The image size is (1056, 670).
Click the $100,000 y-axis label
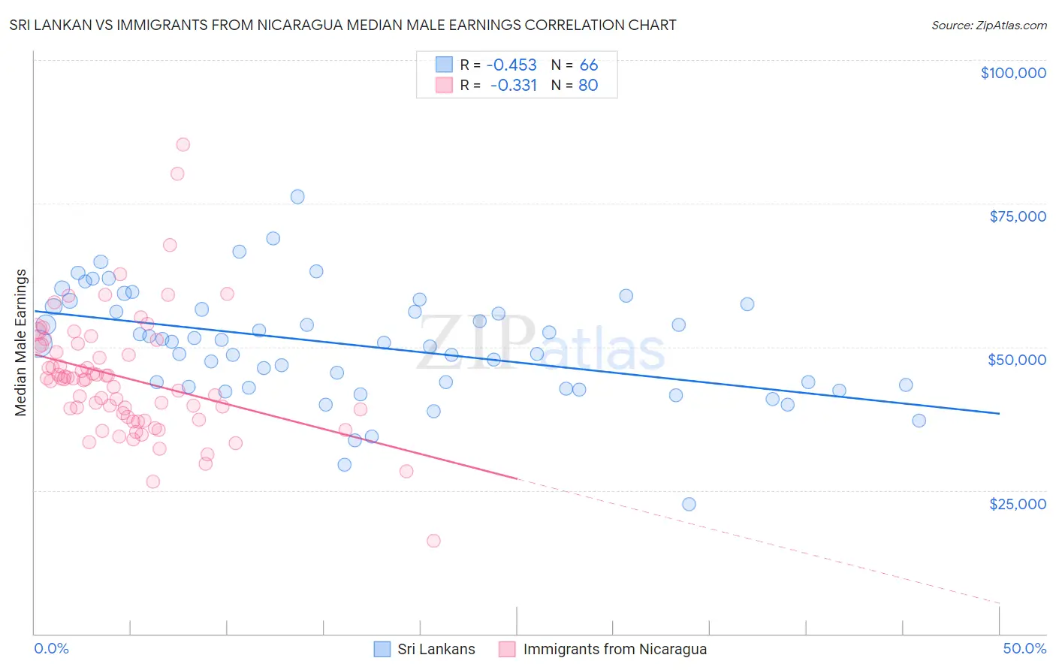pyautogui.click(x=1012, y=73)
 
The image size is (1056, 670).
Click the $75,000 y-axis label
pyautogui.click(x=1017, y=216)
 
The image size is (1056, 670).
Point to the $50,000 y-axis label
pyautogui.click(x=1016, y=360)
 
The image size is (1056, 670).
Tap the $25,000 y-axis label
pyautogui.click(x=1017, y=504)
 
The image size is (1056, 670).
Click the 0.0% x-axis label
pyautogui.click(x=51, y=648)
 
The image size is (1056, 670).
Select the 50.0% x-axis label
pyautogui.click(x=1024, y=648)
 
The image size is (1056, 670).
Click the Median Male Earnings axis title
pyautogui.click(x=21, y=342)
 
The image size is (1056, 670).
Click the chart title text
pyautogui.click(x=342, y=25)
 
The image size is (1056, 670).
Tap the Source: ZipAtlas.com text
pyautogui.click(x=988, y=25)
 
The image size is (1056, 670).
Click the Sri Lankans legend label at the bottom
pyautogui.click(x=436, y=649)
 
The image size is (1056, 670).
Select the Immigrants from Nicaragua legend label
pyautogui.click(x=614, y=649)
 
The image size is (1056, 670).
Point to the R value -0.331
pyautogui.click(x=514, y=86)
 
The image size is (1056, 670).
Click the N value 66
pyautogui.click(x=589, y=65)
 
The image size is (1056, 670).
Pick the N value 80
pyautogui.click(x=588, y=86)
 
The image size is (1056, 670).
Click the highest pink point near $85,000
pyautogui.click(x=183, y=145)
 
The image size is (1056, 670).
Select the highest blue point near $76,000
pyautogui.click(x=297, y=197)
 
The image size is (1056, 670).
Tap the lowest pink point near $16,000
pyautogui.click(x=433, y=541)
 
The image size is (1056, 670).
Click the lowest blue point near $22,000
pyautogui.click(x=689, y=504)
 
